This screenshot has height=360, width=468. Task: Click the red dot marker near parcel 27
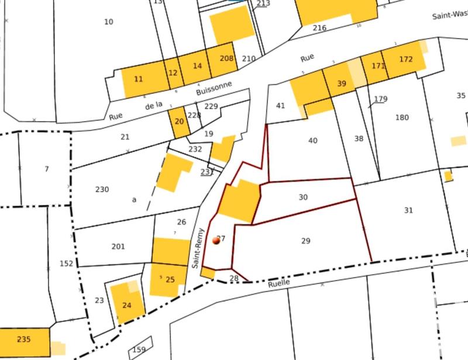[216, 240]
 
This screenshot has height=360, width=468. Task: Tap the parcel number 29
[305, 241]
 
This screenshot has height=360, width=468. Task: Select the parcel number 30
[303, 198]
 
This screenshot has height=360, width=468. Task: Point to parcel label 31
[408, 210]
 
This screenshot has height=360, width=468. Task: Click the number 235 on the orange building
[23, 340]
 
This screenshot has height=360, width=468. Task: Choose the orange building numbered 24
[126, 304]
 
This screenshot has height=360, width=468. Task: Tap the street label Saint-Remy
[198, 248]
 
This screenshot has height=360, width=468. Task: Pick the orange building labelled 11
[139, 79]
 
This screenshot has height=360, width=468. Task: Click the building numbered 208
[226, 58]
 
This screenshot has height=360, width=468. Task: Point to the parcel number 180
[402, 117]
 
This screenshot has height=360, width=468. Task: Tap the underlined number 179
[380, 99]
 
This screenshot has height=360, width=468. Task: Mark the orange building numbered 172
[406, 60]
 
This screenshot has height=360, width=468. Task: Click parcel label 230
[102, 189]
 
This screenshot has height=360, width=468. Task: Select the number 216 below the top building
[319, 28]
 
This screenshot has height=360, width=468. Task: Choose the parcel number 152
[67, 264]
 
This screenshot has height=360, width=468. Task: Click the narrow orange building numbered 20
[179, 121]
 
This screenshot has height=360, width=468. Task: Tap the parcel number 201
[118, 247]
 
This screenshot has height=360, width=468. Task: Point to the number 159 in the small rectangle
[139, 350]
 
